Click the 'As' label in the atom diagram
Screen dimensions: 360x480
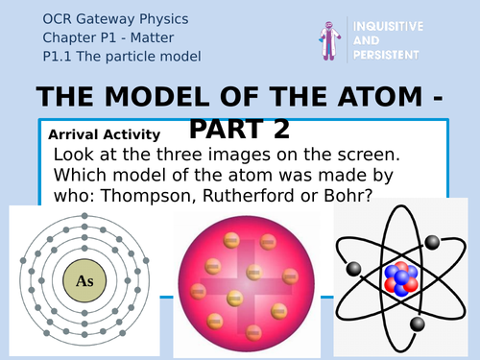tap(84, 281)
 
